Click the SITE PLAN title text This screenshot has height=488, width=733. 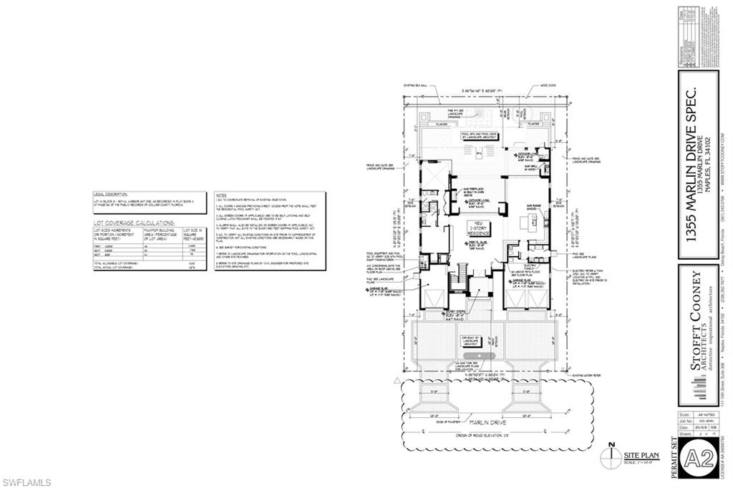[x=636, y=455]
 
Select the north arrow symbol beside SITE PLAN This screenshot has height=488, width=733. [x=610, y=455]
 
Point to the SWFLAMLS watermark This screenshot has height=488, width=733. [x=26, y=482]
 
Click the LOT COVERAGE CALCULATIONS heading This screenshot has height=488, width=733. [x=134, y=224]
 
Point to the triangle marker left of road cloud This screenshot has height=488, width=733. [x=397, y=378]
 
